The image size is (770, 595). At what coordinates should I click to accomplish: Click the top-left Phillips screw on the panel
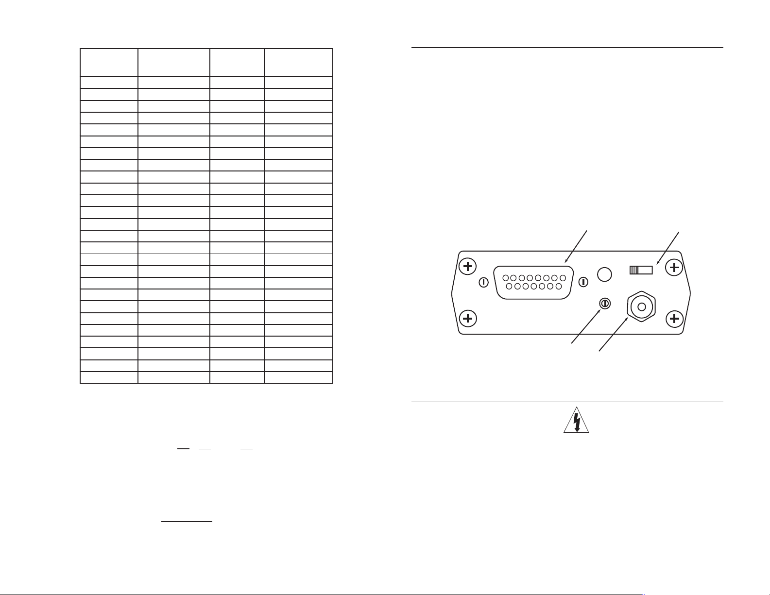(x=468, y=266)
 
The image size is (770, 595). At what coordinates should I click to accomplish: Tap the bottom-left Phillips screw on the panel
(x=468, y=319)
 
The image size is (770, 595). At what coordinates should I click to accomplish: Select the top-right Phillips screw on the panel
(x=674, y=267)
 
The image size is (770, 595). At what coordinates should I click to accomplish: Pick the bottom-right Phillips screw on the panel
(x=674, y=319)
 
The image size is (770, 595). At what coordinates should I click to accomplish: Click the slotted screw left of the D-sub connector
(x=484, y=282)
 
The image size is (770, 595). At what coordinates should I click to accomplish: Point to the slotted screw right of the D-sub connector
(x=584, y=282)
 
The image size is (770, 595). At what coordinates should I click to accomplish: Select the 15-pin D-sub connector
(x=533, y=282)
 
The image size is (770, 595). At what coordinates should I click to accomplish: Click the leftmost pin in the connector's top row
(x=505, y=278)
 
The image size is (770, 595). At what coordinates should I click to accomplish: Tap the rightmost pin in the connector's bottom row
(x=559, y=287)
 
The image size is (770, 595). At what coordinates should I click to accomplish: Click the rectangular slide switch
(x=641, y=270)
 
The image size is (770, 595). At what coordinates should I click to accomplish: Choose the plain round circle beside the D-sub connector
(x=604, y=274)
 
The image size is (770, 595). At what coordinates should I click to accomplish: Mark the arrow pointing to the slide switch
(x=668, y=248)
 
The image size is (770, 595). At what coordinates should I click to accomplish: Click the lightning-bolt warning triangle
(x=576, y=421)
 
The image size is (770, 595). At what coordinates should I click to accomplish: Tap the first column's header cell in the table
(x=109, y=62)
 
